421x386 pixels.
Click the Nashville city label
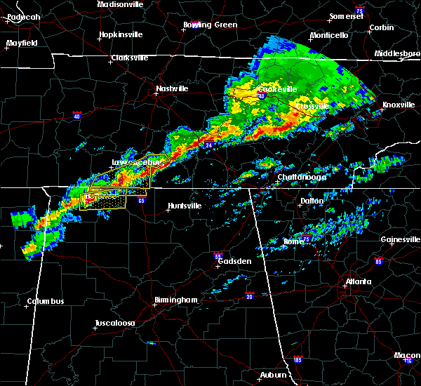point(172,89)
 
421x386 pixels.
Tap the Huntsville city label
point(183,206)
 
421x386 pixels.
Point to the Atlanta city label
point(359,283)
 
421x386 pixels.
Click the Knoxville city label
point(398,105)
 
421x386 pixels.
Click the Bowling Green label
point(210,25)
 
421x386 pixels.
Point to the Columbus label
point(46,302)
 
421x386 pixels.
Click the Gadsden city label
point(235,261)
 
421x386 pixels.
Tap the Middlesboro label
point(397,53)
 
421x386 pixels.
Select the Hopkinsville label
point(121,34)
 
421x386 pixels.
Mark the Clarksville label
point(130,58)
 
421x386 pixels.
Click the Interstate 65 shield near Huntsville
point(141,200)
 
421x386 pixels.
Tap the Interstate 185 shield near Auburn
point(298,360)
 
